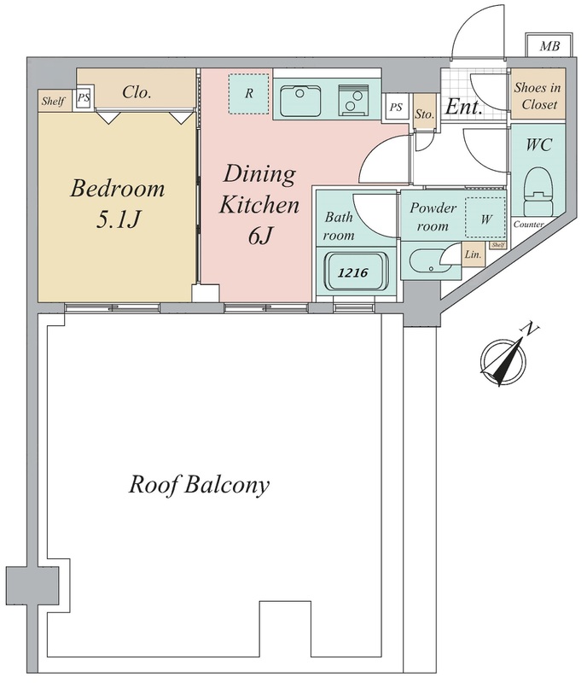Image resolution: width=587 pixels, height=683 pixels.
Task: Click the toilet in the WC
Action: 538,191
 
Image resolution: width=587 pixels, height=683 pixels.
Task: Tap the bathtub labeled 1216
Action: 353,272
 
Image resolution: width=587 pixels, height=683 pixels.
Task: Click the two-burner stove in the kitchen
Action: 353,100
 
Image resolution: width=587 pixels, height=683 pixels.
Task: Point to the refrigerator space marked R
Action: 248,94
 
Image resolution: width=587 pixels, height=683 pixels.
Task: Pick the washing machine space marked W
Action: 485,218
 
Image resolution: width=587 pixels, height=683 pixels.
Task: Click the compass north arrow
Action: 503,360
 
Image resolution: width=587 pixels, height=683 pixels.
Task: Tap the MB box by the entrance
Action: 549,45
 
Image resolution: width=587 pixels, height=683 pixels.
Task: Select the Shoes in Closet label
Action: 537,96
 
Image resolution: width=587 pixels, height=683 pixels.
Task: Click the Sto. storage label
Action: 424,114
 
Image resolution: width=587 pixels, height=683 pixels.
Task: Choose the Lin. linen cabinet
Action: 473,254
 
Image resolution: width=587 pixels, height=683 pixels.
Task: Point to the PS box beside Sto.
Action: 396,107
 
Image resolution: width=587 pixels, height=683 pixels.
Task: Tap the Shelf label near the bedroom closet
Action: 53,101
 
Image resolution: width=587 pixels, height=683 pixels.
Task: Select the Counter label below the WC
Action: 529,225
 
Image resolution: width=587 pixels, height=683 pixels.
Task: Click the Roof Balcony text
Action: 199,484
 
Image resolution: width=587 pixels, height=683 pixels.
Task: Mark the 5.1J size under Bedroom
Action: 118,219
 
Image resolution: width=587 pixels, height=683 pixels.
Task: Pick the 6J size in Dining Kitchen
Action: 260,236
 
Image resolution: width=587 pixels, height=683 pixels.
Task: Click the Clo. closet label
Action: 137,92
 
